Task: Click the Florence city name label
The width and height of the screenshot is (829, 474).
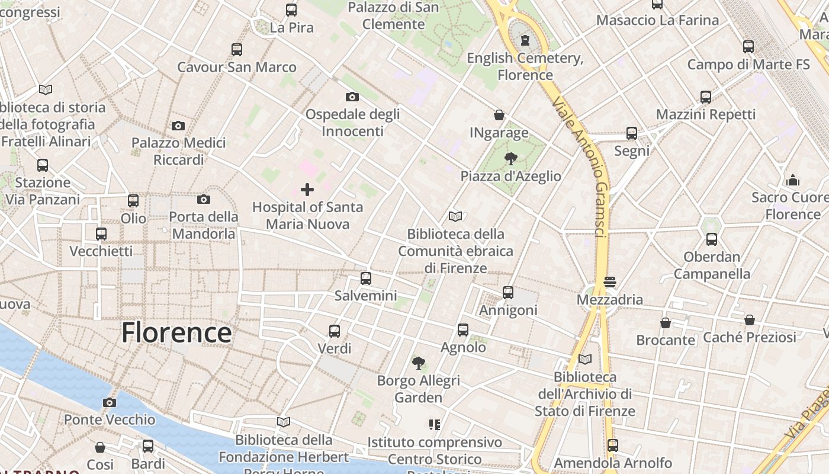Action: click(x=176, y=332)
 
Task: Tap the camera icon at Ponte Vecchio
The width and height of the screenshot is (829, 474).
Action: click(x=110, y=403)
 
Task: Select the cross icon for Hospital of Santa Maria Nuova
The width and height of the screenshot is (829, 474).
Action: click(x=307, y=190)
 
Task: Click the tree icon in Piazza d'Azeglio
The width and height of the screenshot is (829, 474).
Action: click(x=510, y=158)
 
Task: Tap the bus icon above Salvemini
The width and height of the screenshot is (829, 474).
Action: click(x=366, y=278)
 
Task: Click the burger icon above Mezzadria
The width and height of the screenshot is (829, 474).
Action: click(x=610, y=282)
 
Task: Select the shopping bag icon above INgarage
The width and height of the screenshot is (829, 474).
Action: click(x=499, y=115)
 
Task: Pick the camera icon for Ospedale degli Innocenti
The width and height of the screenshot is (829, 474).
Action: click(x=352, y=97)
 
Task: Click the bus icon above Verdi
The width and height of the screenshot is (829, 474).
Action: click(x=335, y=331)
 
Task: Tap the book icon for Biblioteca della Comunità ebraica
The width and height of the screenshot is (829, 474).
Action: click(x=455, y=217)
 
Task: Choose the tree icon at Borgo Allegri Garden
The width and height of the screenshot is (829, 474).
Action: click(x=419, y=363)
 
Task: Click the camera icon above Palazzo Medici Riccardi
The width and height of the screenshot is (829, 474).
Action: click(x=178, y=126)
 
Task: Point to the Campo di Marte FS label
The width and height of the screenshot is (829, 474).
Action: click(x=748, y=64)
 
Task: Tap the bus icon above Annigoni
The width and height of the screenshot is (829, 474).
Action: click(x=508, y=293)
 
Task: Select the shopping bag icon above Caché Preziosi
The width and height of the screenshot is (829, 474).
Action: click(x=750, y=320)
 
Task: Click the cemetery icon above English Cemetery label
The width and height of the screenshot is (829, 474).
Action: click(x=525, y=40)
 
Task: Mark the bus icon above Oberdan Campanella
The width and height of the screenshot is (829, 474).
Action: click(x=712, y=239)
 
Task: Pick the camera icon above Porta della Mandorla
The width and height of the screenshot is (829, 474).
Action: click(x=204, y=199)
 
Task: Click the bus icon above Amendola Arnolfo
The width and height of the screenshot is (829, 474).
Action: click(x=613, y=445)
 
